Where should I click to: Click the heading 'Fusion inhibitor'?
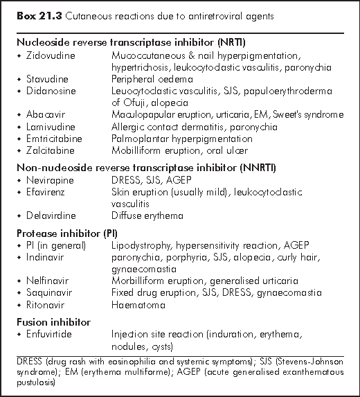tap(46, 323)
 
